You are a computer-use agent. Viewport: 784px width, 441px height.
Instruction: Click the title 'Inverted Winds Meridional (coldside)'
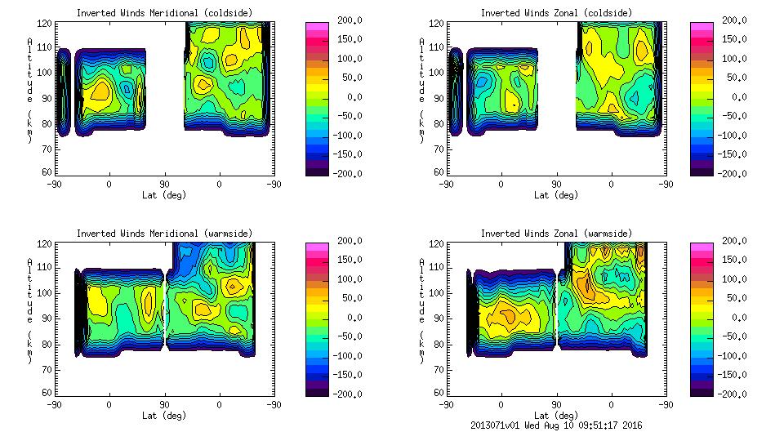[x=164, y=13]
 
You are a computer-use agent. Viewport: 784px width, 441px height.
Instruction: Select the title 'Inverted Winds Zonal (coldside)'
[x=556, y=13]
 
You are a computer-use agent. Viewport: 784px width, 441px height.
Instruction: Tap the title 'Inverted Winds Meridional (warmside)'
[x=164, y=234]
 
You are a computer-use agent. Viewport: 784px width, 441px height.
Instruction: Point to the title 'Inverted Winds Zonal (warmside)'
[x=556, y=234]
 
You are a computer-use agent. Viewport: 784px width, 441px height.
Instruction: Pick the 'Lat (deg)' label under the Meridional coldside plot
[x=164, y=195]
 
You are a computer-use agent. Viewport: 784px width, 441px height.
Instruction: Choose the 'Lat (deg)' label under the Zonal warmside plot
[x=556, y=416]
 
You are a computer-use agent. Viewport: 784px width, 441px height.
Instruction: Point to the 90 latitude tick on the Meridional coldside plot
[x=164, y=185]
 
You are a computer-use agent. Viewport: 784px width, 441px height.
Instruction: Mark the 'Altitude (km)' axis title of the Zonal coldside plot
[x=421, y=90]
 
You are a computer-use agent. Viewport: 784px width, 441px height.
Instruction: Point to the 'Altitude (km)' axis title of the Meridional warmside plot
[x=29, y=310]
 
